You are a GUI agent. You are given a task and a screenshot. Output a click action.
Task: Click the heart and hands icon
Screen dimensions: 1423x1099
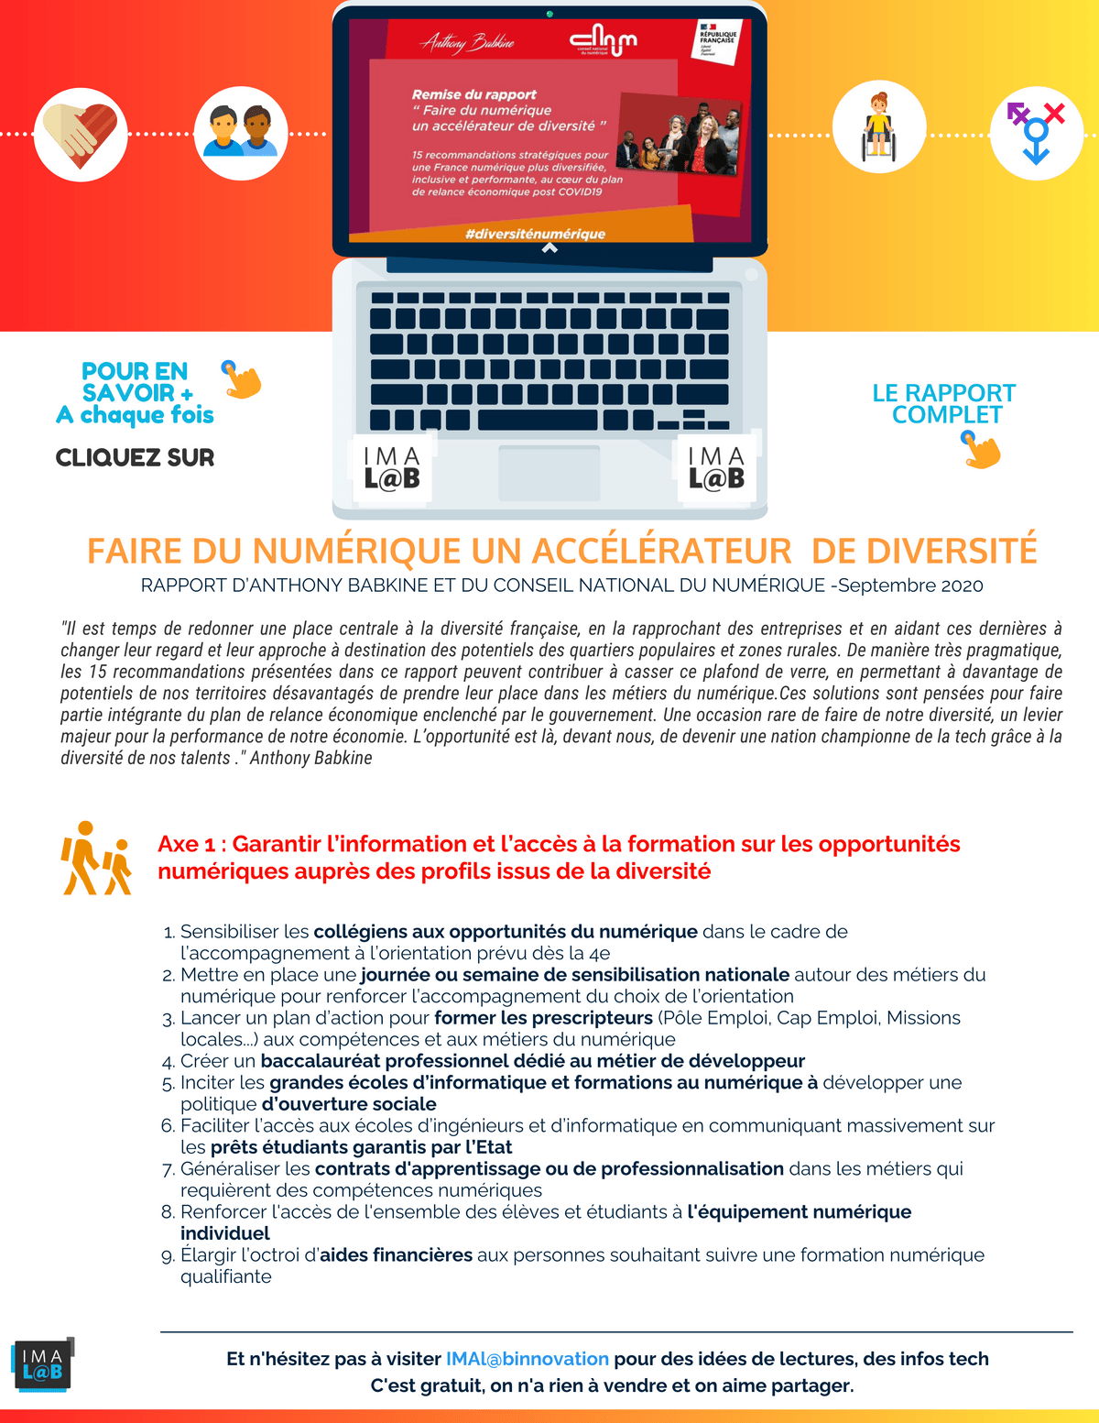coord(81,135)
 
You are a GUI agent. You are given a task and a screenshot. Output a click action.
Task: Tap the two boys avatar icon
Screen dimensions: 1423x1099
coord(241,134)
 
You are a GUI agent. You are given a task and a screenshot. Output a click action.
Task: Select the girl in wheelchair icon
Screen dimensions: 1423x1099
coord(878,127)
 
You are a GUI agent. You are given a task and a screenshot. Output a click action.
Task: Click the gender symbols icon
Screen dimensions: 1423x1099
coord(1037,133)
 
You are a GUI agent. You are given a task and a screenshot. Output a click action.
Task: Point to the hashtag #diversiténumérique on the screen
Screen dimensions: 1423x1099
coord(535,234)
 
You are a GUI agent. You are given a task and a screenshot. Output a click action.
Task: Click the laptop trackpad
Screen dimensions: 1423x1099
coord(549,473)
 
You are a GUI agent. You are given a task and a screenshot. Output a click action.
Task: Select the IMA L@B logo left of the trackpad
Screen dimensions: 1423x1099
coord(392,468)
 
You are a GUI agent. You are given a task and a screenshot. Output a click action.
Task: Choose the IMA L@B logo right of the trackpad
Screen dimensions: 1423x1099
coord(716,468)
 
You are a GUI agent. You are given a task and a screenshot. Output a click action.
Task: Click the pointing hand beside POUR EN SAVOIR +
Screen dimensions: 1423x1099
coord(242,379)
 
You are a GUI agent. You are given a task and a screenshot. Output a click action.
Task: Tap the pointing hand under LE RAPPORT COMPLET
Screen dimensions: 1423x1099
coord(981,450)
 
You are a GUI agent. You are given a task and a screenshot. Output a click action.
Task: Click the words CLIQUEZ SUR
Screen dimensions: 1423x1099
coord(135,457)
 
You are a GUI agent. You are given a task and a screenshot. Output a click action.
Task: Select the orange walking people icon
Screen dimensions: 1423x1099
coord(96,859)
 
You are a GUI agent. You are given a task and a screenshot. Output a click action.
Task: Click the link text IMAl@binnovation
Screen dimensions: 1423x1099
coord(527,1359)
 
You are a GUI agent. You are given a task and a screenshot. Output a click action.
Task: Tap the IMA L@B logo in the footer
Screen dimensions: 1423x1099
coord(42,1364)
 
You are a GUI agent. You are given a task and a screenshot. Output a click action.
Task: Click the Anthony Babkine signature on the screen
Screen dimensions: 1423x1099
coord(467,42)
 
